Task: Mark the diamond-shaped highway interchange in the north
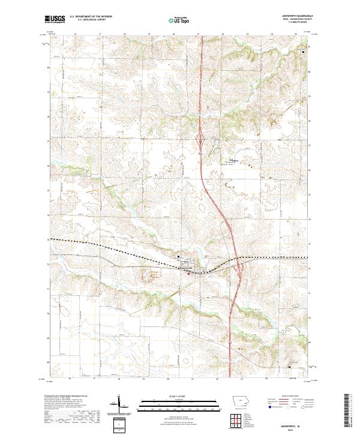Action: point(200,143)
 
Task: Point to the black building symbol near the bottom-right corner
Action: point(289,367)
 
